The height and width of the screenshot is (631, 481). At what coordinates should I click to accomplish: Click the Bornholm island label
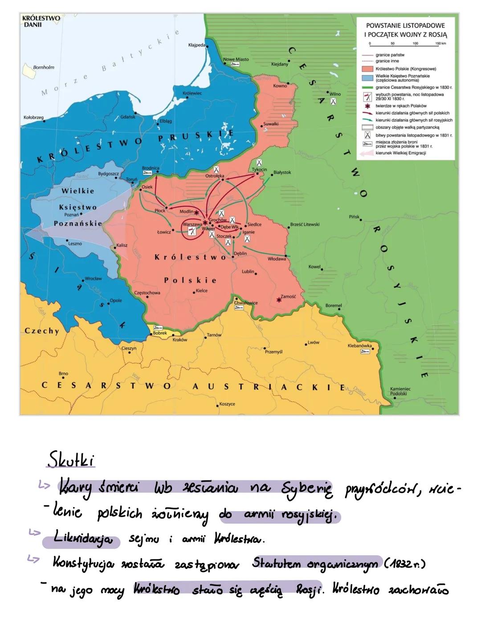44,67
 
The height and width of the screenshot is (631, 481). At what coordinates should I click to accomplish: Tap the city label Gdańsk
128,117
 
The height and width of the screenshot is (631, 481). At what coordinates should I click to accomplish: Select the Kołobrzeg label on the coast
33,118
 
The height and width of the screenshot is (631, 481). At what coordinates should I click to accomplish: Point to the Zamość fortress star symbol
279,300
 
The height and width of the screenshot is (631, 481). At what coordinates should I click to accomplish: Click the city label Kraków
179,340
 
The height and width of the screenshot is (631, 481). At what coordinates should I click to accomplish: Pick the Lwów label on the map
313,342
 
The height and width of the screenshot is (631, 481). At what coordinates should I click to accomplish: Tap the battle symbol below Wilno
333,102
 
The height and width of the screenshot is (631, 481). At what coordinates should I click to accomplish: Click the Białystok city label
282,172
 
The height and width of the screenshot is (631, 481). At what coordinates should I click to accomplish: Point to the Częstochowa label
147,293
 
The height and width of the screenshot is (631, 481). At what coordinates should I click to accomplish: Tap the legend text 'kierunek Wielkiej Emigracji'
400,153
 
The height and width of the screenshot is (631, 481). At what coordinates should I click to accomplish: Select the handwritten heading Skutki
71,460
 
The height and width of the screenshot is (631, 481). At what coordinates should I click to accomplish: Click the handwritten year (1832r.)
405,563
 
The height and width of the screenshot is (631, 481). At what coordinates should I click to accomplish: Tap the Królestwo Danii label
41,21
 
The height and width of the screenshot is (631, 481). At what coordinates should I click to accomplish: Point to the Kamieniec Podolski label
400,391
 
